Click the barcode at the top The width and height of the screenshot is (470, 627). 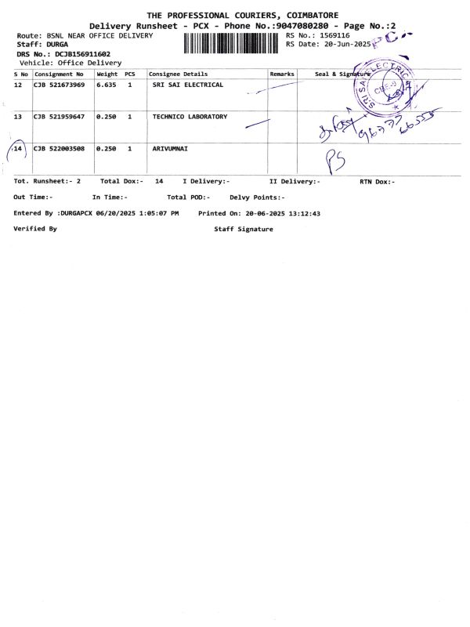click(230, 42)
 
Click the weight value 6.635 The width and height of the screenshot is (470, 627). click(106, 85)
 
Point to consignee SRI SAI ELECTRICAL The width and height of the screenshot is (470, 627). click(187, 85)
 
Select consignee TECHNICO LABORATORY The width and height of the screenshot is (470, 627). click(190, 117)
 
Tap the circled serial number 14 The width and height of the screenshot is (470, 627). click(18, 148)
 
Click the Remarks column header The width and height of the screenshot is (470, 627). click(281, 74)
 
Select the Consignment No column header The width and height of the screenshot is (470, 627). click(59, 74)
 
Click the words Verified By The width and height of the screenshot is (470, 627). click(35, 229)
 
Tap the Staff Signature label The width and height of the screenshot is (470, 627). click(244, 229)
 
